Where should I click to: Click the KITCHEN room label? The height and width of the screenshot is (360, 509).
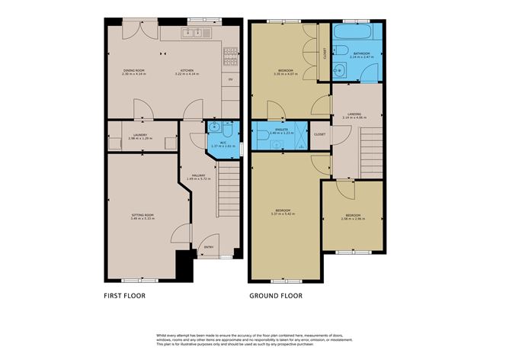click(186, 71)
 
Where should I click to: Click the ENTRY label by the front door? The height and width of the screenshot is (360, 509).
click(209, 247)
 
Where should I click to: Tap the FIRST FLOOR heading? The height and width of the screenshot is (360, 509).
click(124, 295)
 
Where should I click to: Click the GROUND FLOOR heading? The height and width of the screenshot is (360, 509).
click(276, 295)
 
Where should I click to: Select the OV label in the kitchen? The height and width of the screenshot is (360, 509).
click(230, 79)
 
